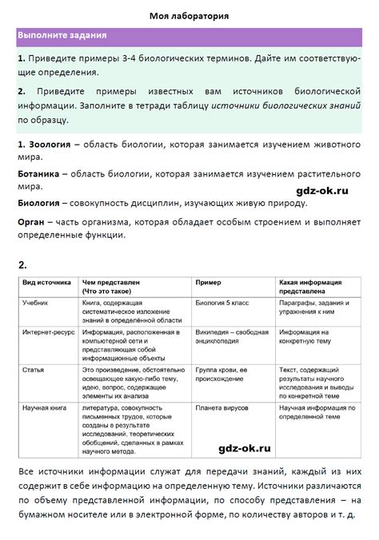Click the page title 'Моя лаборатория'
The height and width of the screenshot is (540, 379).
(x=189, y=15)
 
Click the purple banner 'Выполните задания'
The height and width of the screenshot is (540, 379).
(x=63, y=37)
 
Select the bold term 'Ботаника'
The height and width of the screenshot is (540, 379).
(x=39, y=173)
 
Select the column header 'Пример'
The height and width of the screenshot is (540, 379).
(x=209, y=283)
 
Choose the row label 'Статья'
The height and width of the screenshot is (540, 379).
(x=34, y=370)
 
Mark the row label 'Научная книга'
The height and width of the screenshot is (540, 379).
(x=45, y=407)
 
